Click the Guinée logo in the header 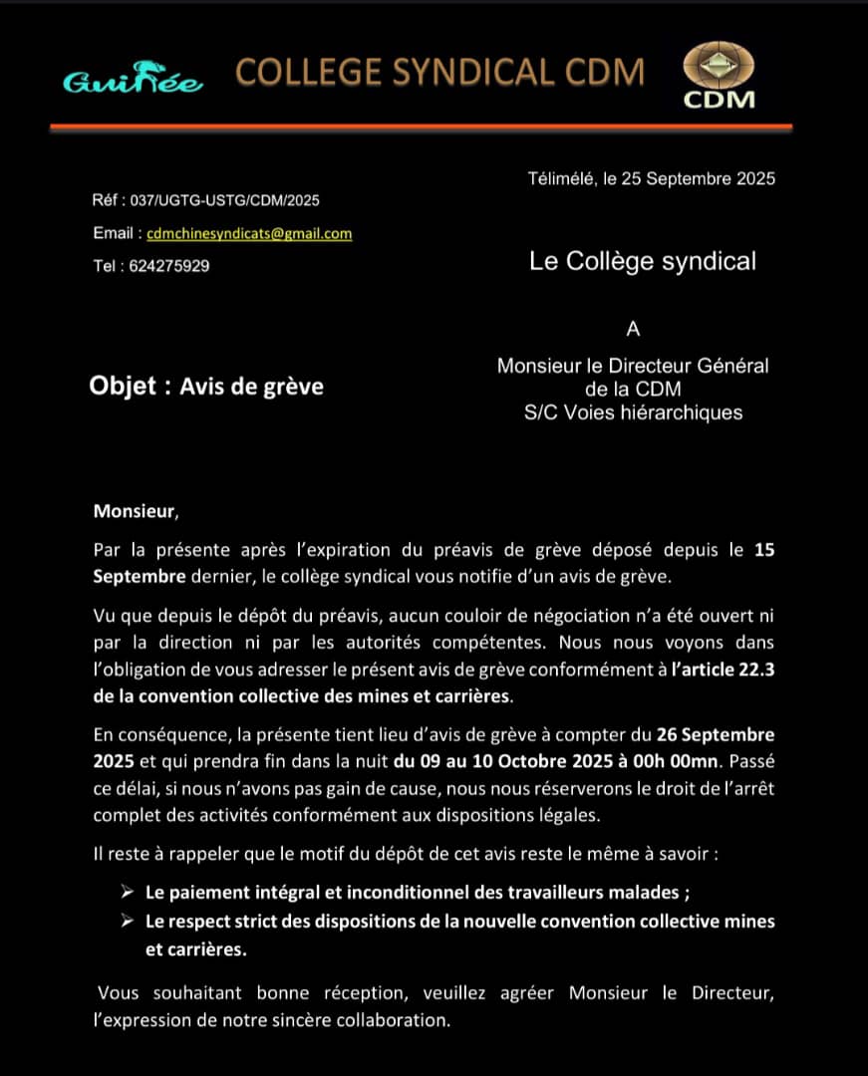pos(134,82)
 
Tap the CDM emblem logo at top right pos(719,78)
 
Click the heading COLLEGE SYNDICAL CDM pos(439,72)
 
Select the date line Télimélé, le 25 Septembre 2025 pos(651,179)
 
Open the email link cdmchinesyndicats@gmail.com pos(249,234)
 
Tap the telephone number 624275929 pos(168,266)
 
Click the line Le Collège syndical pos(642,261)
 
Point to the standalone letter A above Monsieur pos(633,331)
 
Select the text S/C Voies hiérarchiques pos(633,412)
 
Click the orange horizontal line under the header pos(421,127)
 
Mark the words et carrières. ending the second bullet pos(195,949)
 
